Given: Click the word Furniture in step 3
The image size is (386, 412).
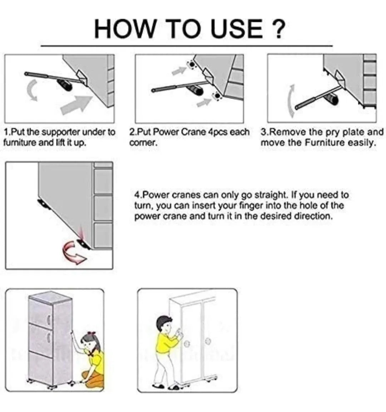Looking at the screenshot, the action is point(325,143).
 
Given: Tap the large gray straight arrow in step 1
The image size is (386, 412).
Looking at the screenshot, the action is point(76,105).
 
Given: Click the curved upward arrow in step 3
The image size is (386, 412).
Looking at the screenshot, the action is point(291,101).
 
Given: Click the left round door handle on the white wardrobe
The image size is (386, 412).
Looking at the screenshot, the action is point(186,344).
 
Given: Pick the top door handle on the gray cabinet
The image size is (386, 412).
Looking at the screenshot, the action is point(48,320).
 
